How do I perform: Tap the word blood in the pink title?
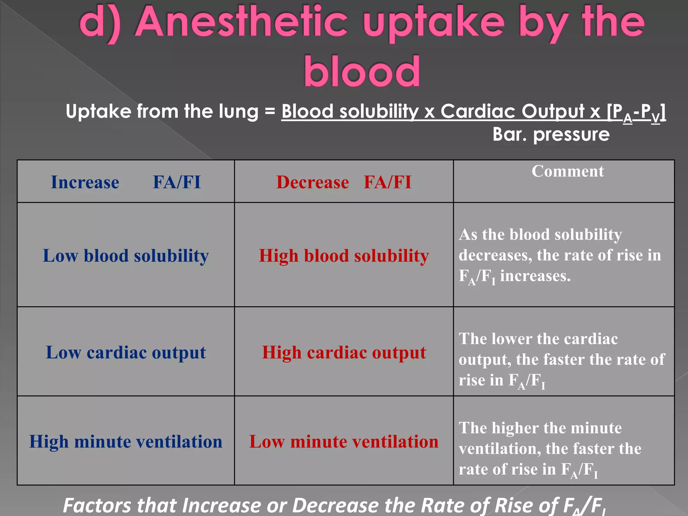(362, 72)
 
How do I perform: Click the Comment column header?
(567, 171)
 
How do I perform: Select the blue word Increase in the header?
(85, 182)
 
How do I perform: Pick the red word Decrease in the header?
(312, 182)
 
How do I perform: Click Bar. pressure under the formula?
(551, 134)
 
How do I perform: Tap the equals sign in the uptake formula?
(270, 112)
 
